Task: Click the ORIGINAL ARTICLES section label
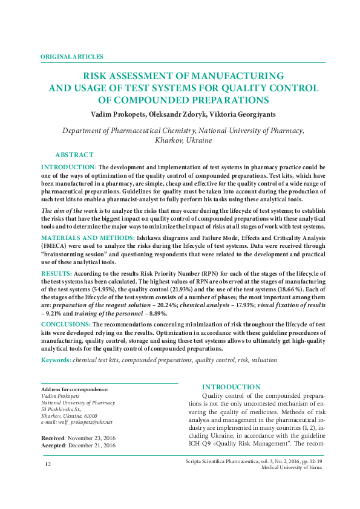tap(71, 56)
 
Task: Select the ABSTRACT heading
tap(74, 155)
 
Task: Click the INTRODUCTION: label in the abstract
tap(68, 167)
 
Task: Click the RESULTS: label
tap(56, 273)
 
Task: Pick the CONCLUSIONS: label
tap(66, 325)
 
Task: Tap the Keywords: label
tap(56, 360)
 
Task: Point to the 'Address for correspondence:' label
tap(74, 389)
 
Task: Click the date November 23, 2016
tap(99, 437)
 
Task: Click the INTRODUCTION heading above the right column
tap(231, 387)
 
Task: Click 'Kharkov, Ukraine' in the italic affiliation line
tap(183, 140)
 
